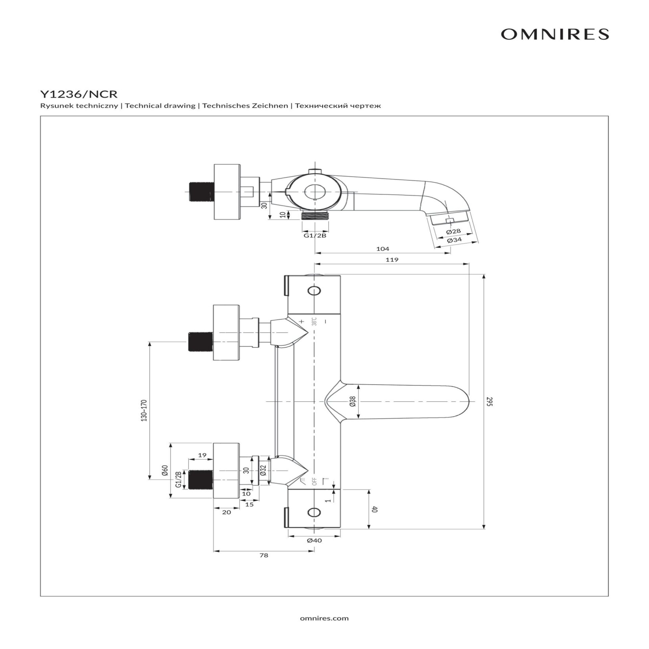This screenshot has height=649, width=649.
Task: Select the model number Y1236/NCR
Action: click(79, 94)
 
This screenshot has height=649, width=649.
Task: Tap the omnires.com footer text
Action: click(324, 618)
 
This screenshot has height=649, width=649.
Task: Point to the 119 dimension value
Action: click(392, 260)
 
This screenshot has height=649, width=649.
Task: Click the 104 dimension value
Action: click(383, 249)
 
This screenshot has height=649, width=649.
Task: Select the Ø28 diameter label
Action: click(453, 232)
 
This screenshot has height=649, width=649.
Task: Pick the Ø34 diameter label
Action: click(454, 240)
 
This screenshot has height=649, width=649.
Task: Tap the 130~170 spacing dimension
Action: click(144, 410)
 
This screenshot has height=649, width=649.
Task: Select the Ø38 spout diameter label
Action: click(353, 401)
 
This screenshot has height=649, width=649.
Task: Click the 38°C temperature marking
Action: click(314, 321)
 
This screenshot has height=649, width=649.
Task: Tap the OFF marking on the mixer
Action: click(314, 481)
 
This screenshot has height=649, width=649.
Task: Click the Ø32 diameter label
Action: click(263, 470)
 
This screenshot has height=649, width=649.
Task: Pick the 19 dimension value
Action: click(202, 455)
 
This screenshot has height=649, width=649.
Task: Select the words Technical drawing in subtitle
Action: click(160, 106)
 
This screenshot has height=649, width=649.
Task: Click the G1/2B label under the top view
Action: click(315, 235)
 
